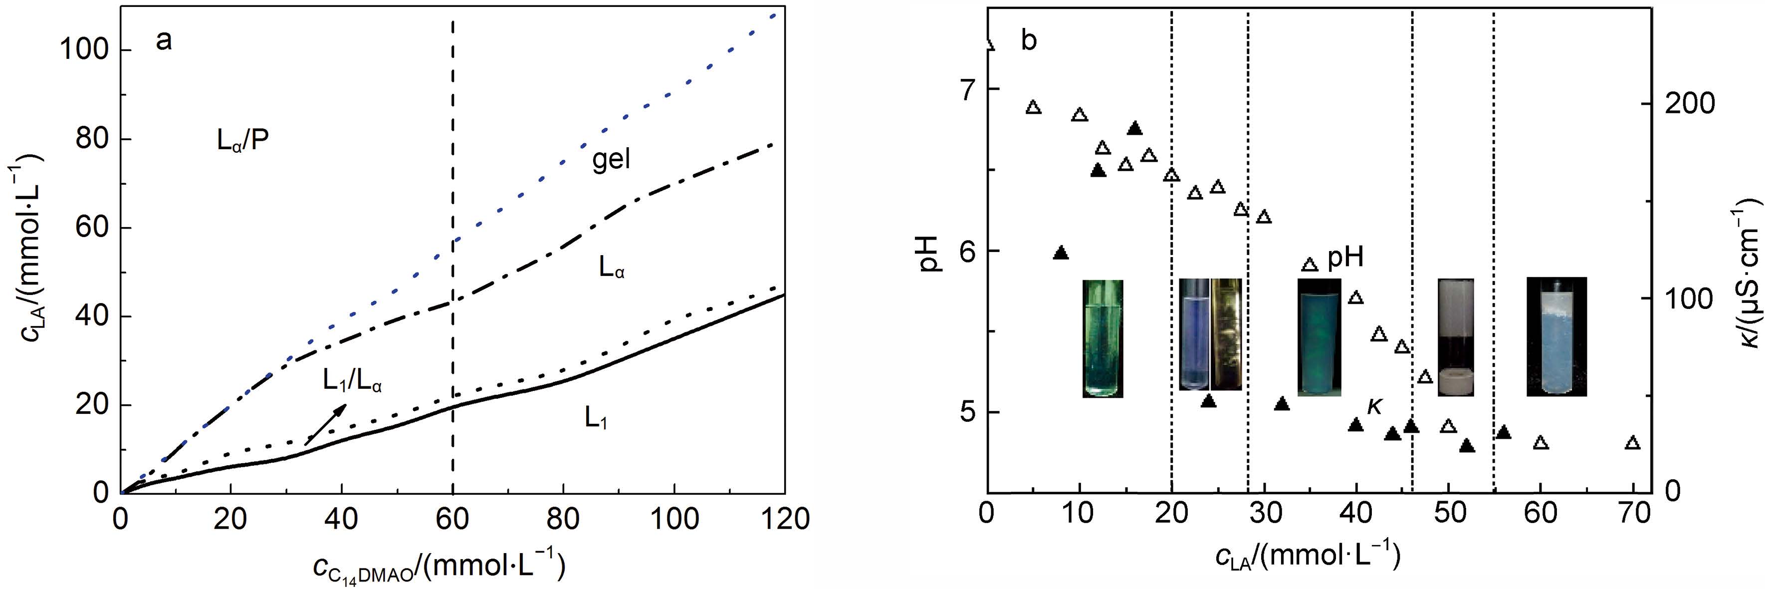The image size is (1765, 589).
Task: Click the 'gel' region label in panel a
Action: coord(611,160)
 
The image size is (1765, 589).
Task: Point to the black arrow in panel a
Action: coord(325,425)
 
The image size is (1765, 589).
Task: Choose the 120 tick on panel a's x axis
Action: coord(785,519)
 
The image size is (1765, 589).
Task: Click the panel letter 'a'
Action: coord(164,41)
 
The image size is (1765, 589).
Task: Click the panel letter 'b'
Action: coord(1029,41)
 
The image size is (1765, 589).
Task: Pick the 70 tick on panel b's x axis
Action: coord(1632,514)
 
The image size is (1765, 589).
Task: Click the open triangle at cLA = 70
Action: coord(1633,443)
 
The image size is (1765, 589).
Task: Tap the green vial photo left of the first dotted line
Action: coord(1103,347)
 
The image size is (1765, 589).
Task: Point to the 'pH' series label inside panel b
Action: coord(1345,259)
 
